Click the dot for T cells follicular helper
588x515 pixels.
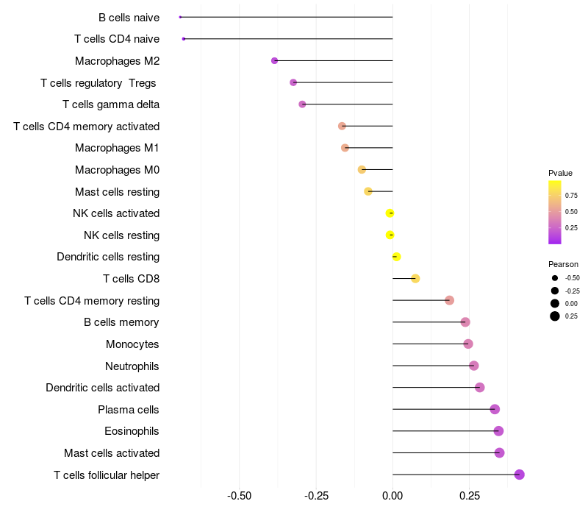point(519,475)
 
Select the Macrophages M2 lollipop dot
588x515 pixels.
point(275,60)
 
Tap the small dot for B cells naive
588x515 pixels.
point(180,17)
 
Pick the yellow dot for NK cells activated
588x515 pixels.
point(390,213)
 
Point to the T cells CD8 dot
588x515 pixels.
point(415,279)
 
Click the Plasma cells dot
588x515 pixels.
point(495,409)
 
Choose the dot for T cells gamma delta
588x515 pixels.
point(302,104)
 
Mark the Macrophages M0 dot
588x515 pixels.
point(362,170)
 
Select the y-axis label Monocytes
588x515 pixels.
point(132,344)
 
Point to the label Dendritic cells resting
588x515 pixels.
point(108,257)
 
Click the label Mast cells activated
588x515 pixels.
point(112,452)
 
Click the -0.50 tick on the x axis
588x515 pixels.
point(240,496)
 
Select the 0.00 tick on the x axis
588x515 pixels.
point(392,496)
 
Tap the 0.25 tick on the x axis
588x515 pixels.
point(470,496)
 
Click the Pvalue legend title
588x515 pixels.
point(560,173)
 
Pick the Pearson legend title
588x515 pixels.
point(563,264)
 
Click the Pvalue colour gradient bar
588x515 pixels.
point(555,212)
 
